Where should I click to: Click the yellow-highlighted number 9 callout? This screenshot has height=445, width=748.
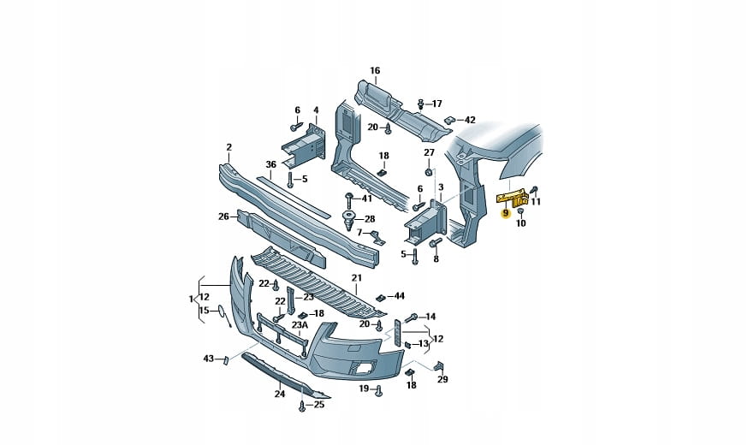coord(505,213)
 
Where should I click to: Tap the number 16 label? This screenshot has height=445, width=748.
coord(374,70)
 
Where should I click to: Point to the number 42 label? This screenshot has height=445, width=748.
coord(470,120)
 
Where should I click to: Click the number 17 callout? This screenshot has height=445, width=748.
coord(436,104)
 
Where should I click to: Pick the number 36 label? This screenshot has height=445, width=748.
coord(270,164)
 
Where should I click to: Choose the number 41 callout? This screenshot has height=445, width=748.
coord(367,198)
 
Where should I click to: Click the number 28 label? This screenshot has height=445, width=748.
coord(370,219)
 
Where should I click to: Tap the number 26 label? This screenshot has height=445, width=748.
coord(223,217)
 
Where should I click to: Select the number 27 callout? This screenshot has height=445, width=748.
coord(430,152)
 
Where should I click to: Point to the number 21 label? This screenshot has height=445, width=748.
coord(356,278)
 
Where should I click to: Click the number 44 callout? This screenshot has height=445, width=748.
coord(399,296)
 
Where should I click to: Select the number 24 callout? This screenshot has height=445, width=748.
coord(279,395)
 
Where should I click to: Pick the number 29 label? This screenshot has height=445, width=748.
coord(442,379)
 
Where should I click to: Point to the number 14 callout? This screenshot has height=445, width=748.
coord(430,316)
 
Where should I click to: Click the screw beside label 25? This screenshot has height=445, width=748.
coord(302,406)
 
